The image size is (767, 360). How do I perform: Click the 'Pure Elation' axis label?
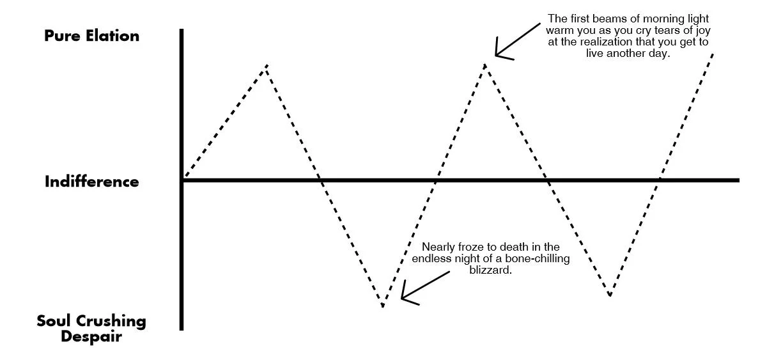point(91,36)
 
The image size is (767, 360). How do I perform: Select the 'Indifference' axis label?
point(91,182)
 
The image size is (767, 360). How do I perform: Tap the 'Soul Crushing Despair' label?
point(91,328)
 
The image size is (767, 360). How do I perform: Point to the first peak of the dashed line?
point(267,65)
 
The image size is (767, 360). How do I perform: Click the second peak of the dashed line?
point(486,64)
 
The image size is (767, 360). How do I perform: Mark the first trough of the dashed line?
point(383,306)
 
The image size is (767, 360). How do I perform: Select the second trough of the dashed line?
point(610,295)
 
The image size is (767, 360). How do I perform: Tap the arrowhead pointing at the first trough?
point(403,297)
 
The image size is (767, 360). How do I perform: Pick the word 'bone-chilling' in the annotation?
point(536,259)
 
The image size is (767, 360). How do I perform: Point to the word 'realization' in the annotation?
point(635,42)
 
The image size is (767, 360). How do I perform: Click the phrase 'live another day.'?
point(627,54)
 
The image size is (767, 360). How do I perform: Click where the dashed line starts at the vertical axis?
point(184,178)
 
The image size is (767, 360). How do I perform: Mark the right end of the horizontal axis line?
point(738,180)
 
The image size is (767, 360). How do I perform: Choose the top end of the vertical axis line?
point(182,31)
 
